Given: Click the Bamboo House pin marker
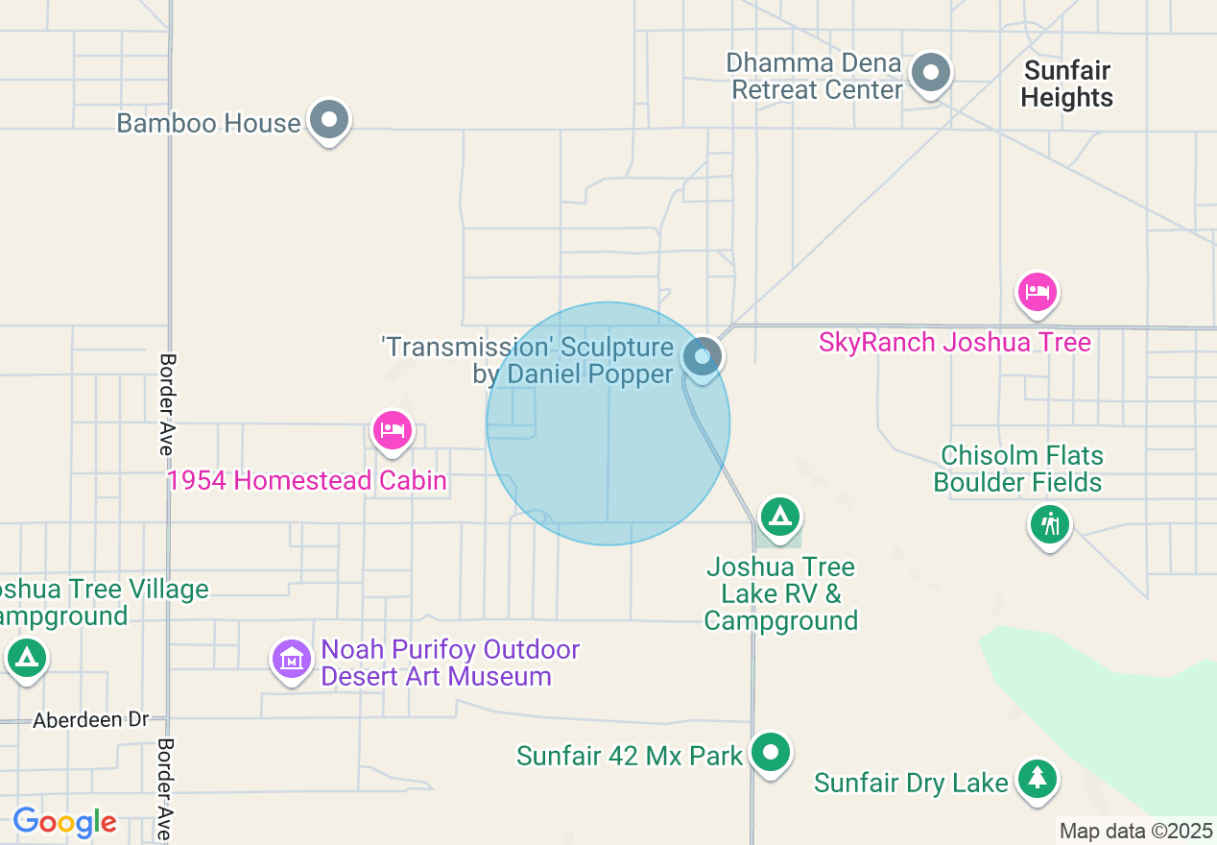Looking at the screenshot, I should pyautogui.click(x=330, y=121).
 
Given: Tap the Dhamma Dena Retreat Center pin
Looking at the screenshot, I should pyautogui.click(x=929, y=73).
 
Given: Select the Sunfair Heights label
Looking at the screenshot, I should pyautogui.click(x=1066, y=84).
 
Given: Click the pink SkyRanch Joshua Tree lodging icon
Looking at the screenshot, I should pyautogui.click(x=1037, y=291).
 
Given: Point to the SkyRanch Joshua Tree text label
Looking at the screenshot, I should pyautogui.click(x=954, y=343).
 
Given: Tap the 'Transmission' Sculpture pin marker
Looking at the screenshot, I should pyautogui.click(x=703, y=356).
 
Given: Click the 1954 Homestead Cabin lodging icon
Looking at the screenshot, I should pyautogui.click(x=392, y=430).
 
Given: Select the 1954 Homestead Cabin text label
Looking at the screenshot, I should pyautogui.click(x=307, y=480).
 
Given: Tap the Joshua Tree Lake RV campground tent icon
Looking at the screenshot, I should pyautogui.click(x=779, y=518).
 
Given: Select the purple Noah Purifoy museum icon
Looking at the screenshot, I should pyautogui.click(x=292, y=659).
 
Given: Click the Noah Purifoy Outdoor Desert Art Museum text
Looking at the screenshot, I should pyautogui.click(x=450, y=664).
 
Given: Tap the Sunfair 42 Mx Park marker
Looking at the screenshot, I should pyautogui.click(x=770, y=752).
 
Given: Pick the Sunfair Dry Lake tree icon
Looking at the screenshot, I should pyautogui.click(x=1038, y=779).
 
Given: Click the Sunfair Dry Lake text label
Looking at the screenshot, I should pyautogui.click(x=911, y=784).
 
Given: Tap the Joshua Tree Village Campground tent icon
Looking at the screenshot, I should pyautogui.click(x=26, y=659).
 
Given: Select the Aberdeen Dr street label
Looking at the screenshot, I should pyautogui.click(x=92, y=720).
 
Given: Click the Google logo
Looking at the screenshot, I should pyautogui.click(x=64, y=822).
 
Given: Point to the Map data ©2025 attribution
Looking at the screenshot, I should pyautogui.click(x=1135, y=831).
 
